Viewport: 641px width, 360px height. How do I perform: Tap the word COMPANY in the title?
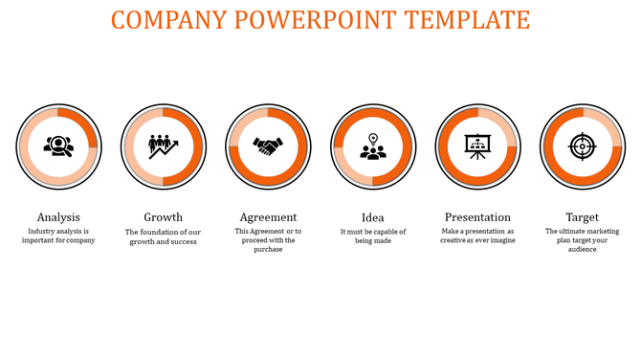point(168,19)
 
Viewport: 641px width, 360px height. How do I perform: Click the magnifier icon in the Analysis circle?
point(58,146)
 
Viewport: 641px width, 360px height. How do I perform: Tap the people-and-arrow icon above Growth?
point(163,146)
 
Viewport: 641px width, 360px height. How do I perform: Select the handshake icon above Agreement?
point(268,146)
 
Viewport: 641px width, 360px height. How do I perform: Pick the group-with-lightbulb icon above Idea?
point(373,146)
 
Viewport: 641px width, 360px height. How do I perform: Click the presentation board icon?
point(477,146)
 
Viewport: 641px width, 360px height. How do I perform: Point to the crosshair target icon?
point(582,146)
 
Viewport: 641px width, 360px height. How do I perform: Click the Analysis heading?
point(58,217)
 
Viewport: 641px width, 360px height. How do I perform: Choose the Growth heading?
point(163,217)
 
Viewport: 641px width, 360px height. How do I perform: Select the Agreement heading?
point(268,217)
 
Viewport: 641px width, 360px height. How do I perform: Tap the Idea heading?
point(373,217)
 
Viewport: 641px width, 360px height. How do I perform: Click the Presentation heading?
point(477,217)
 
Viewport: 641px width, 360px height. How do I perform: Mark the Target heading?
point(582,217)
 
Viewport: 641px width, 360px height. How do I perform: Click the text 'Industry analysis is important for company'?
point(58,236)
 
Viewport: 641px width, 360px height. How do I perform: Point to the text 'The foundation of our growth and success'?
point(163,236)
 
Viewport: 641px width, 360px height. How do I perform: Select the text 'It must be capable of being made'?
point(373,236)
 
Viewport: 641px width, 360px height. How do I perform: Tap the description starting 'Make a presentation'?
point(477,236)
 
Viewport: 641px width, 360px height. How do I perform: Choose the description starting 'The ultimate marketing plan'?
point(582,240)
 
